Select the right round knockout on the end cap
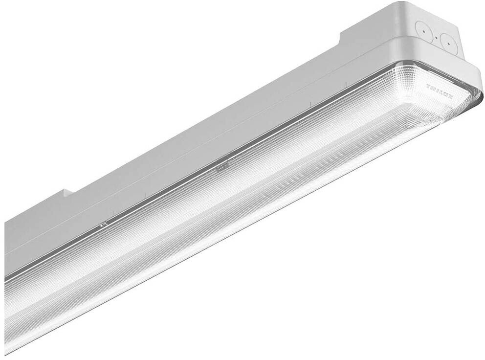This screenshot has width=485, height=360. coord(448,43)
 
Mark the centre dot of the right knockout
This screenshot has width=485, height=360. coord(448,43)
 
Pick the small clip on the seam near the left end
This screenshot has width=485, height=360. coord(103,224)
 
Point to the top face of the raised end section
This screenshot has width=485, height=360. coord(372,20)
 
